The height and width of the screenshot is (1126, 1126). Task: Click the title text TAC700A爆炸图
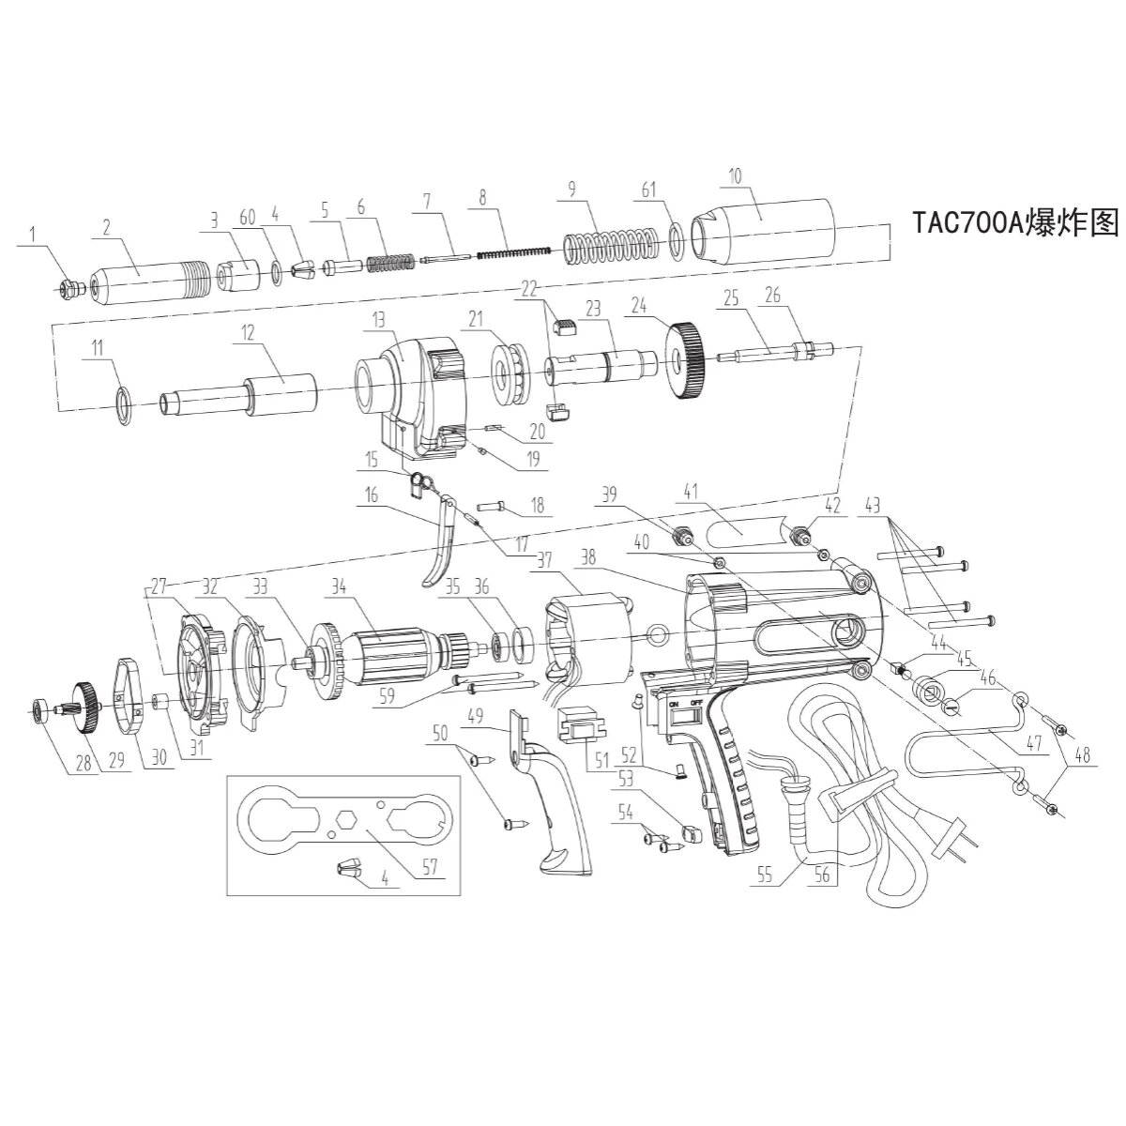(1015, 222)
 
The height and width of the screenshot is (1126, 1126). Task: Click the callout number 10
(734, 175)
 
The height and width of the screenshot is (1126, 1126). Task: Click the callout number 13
(378, 320)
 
